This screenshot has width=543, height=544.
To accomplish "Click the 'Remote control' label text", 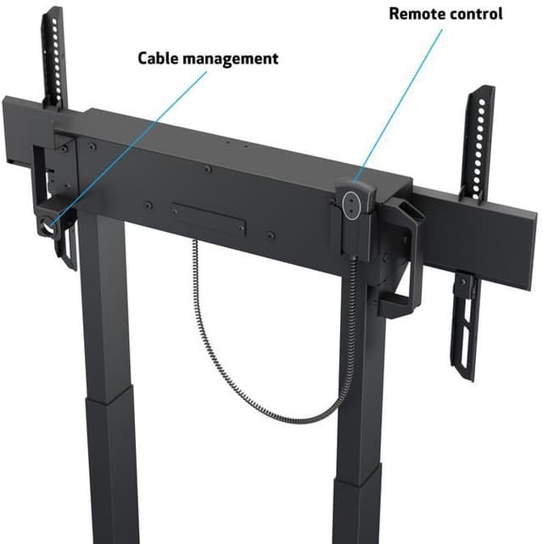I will coord(445,14).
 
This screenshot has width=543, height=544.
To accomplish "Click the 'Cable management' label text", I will coord(208,59).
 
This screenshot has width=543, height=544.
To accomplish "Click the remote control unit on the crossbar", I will coord(355,203).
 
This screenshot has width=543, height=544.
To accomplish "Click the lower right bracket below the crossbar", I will coord(465,318).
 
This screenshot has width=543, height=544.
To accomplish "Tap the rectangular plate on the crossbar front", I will coord(207,217).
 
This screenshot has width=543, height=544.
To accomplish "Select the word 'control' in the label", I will coord(476,14).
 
